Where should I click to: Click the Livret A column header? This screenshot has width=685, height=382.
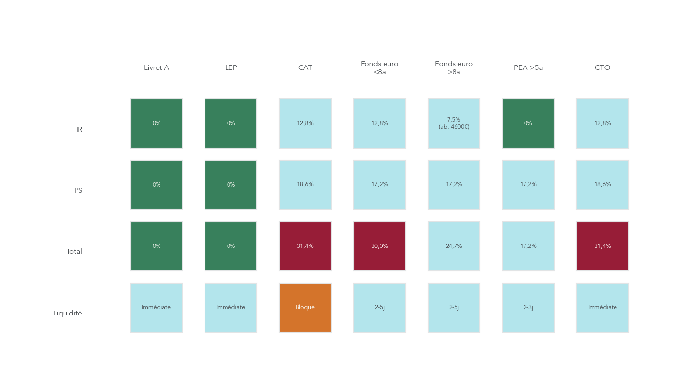(157, 68)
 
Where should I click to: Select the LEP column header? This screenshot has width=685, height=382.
(231, 68)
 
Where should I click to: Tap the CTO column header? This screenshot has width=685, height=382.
(602, 68)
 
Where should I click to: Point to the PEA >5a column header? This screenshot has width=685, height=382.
(528, 68)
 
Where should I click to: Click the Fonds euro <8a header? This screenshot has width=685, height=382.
(379, 68)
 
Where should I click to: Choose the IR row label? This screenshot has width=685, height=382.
(79, 130)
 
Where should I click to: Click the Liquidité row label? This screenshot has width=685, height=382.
(68, 314)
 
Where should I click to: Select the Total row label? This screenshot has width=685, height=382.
(74, 252)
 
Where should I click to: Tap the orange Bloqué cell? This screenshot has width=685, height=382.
(305, 308)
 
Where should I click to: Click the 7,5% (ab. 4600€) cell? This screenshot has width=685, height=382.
(454, 123)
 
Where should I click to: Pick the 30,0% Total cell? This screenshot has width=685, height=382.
(380, 246)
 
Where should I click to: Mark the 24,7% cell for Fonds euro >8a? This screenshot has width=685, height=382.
(454, 246)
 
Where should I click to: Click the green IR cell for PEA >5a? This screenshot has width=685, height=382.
(528, 123)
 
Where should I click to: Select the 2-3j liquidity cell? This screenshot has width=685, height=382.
(528, 308)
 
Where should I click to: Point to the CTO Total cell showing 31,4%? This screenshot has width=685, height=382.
(602, 246)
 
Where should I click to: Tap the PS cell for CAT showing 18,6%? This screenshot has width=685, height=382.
(305, 185)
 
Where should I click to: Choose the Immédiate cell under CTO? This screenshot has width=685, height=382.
(602, 308)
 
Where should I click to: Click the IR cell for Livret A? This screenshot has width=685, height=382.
(157, 123)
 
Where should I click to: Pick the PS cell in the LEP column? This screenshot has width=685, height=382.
(231, 185)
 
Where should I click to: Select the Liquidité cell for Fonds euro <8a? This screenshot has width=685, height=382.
(380, 308)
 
